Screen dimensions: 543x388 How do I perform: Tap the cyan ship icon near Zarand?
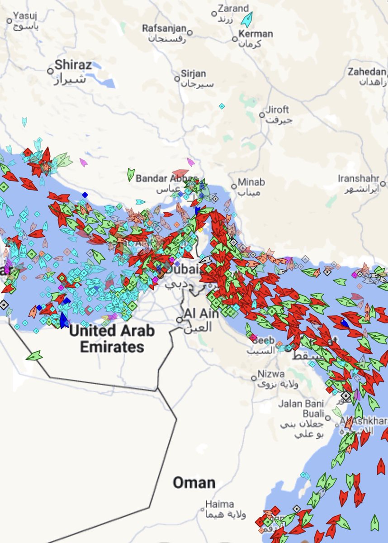pyautogui.click(x=246, y=19)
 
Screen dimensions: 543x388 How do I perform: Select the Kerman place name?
pyautogui.click(x=256, y=34)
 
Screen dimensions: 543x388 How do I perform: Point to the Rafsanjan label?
pyautogui.click(x=165, y=29)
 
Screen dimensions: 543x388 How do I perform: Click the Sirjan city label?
pyautogui.click(x=193, y=74)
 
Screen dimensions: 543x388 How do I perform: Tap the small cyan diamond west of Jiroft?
pyautogui.click(x=222, y=106)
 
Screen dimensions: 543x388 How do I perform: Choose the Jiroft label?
pyautogui.click(x=277, y=110)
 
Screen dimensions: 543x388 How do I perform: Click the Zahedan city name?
pyautogui.click(x=367, y=71)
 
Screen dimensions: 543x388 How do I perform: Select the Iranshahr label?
pyautogui.click(x=360, y=178)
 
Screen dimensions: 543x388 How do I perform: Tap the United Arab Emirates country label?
pyautogui.click(x=111, y=339)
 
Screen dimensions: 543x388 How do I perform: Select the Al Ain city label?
pyautogui.click(x=201, y=313)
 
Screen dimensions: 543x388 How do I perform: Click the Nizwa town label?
pyautogui.click(x=271, y=374)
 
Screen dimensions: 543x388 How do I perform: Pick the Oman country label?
pyautogui.click(x=194, y=482)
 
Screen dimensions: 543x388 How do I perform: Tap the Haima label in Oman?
pyautogui.click(x=220, y=504)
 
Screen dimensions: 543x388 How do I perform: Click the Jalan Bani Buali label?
pyautogui.click(x=308, y=409)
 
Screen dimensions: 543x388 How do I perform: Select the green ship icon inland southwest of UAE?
pyautogui.click(x=34, y=356)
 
